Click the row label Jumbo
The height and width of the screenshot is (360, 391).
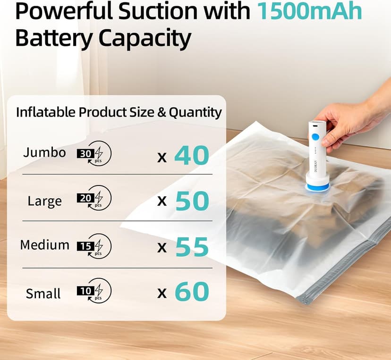point(44,153)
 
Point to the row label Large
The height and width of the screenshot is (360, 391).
point(44,201)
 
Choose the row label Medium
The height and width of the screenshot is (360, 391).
point(44,245)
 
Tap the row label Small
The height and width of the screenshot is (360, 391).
point(43,293)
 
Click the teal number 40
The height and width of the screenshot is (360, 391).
point(191,156)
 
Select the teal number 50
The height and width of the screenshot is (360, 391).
point(192,201)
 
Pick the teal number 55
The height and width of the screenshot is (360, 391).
point(192,247)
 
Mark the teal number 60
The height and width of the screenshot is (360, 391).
point(192,293)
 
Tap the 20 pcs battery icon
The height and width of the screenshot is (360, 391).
point(95,199)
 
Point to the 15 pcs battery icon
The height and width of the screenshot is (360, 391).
point(95,246)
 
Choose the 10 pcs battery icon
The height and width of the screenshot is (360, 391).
point(95,291)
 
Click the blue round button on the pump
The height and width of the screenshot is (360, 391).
point(314,137)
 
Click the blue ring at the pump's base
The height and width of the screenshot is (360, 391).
point(316,188)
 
